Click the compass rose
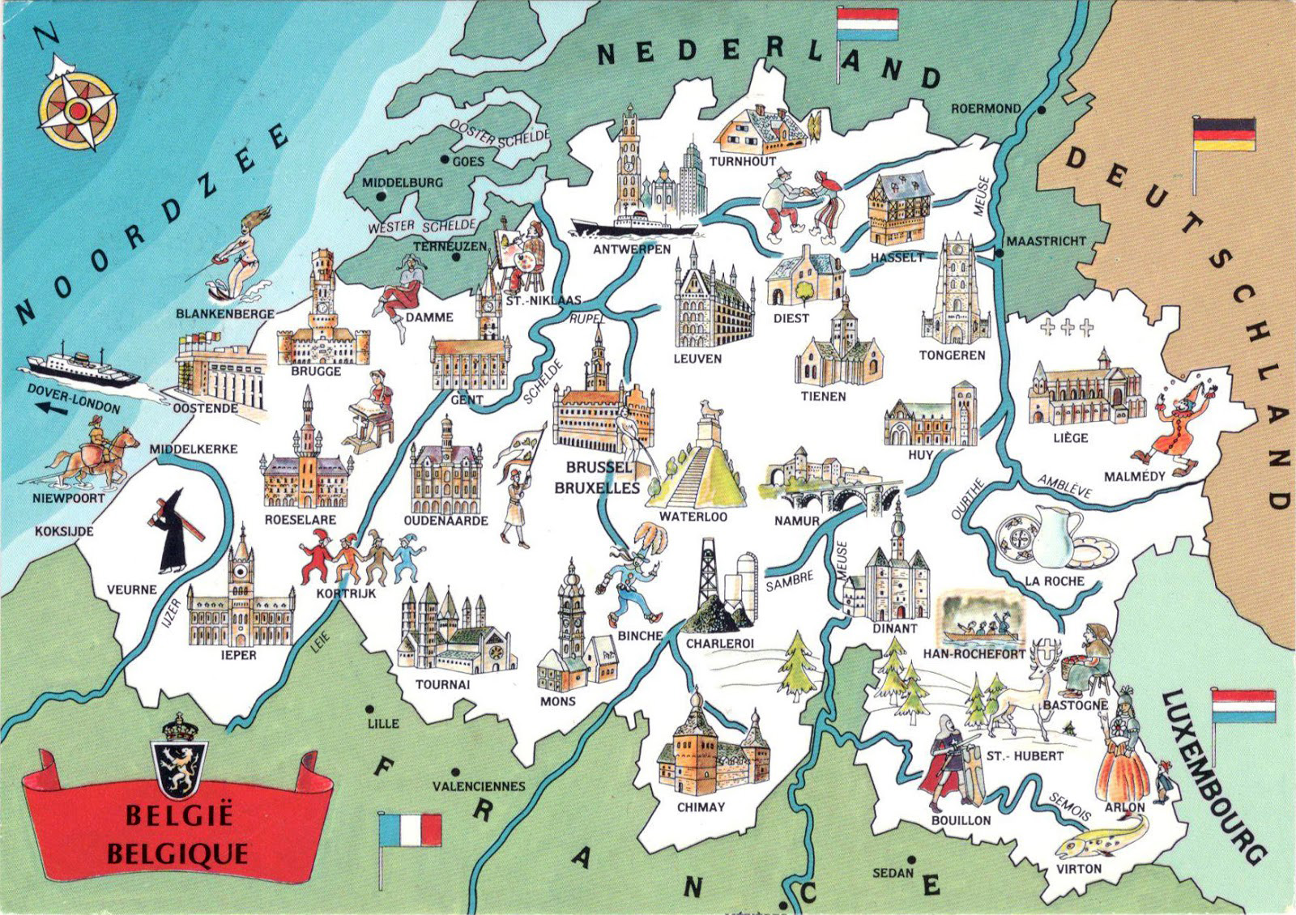(x=78, y=110)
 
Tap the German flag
(x=1224, y=134)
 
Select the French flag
(x=410, y=830)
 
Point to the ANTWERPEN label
(x=632, y=249)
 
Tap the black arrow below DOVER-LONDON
(x=50, y=410)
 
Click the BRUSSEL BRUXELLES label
(x=597, y=478)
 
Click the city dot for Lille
(x=369, y=709)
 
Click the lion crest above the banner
(x=180, y=758)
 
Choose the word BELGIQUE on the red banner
(x=177, y=853)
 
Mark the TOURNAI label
(x=442, y=684)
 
